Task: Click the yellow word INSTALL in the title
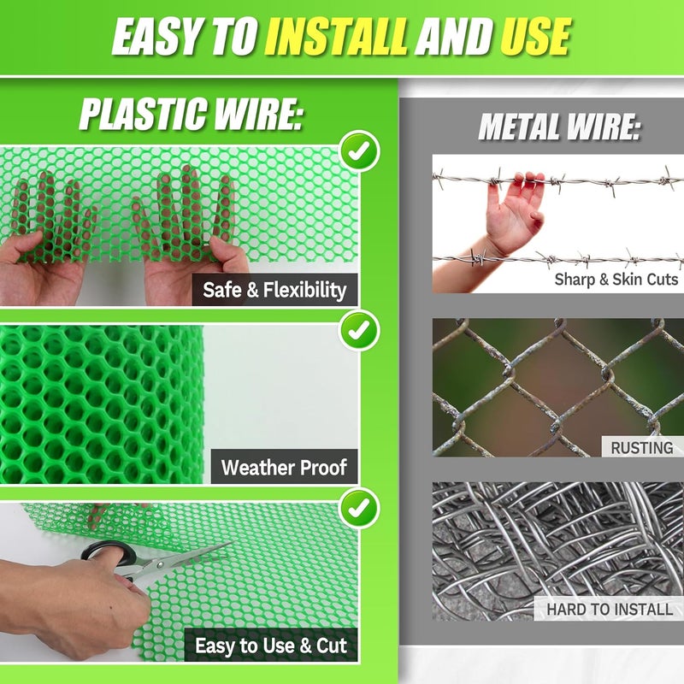(x=336, y=37)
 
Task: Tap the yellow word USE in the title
(x=535, y=37)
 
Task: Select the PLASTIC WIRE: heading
(x=191, y=114)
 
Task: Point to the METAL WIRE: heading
(x=560, y=127)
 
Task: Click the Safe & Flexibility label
(x=274, y=290)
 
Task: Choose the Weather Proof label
(x=284, y=467)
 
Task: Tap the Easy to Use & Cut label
(x=271, y=646)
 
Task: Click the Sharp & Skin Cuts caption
(x=616, y=280)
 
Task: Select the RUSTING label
(x=642, y=447)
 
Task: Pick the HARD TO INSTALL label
(x=610, y=609)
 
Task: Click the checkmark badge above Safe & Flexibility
(x=360, y=151)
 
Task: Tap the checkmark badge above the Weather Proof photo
(x=360, y=330)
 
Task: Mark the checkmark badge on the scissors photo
(x=360, y=508)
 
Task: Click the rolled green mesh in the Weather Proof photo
(x=101, y=404)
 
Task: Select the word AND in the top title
(x=454, y=37)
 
